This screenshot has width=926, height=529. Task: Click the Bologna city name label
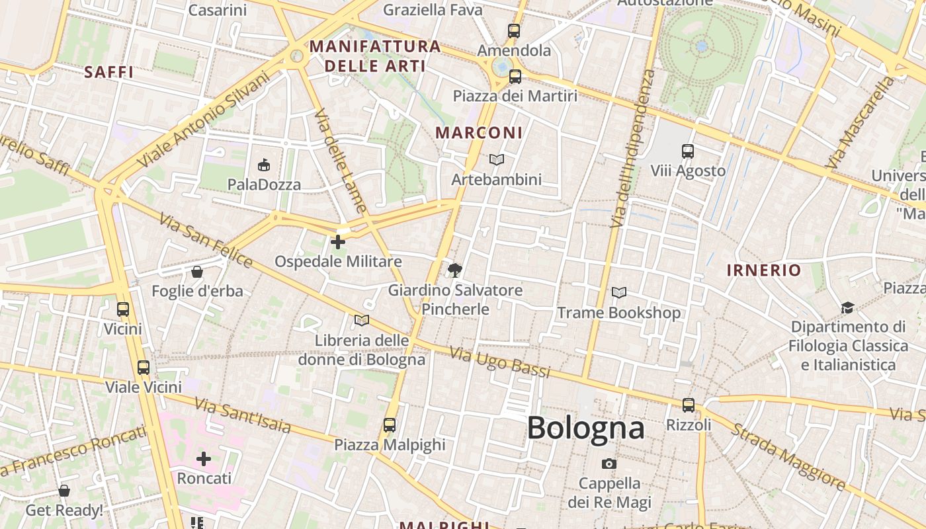(585, 428)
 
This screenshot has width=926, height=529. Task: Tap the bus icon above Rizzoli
(689, 405)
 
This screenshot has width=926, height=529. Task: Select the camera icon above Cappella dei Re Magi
(609, 464)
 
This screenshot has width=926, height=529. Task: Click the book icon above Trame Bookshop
(619, 292)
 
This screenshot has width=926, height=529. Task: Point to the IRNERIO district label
(764, 270)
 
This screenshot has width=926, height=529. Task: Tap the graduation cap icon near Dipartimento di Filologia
(847, 307)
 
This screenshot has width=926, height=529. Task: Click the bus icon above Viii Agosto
(688, 151)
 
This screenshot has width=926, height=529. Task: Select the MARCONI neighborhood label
(479, 132)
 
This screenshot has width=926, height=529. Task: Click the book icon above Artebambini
(496, 159)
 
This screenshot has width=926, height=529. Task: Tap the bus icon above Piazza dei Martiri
(515, 77)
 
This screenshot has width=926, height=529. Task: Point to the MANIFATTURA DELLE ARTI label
(375, 56)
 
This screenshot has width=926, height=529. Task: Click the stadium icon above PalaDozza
(264, 165)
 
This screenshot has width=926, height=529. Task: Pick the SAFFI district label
(109, 72)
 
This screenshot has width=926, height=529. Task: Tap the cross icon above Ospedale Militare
(338, 242)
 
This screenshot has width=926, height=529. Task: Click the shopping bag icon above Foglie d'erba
(197, 272)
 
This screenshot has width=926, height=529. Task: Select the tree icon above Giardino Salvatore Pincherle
(454, 270)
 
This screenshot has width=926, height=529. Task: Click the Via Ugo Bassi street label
(500, 363)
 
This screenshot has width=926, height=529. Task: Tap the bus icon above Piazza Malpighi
(390, 425)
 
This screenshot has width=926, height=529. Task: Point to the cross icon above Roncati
(204, 458)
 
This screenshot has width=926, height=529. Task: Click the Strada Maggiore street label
(787, 456)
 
